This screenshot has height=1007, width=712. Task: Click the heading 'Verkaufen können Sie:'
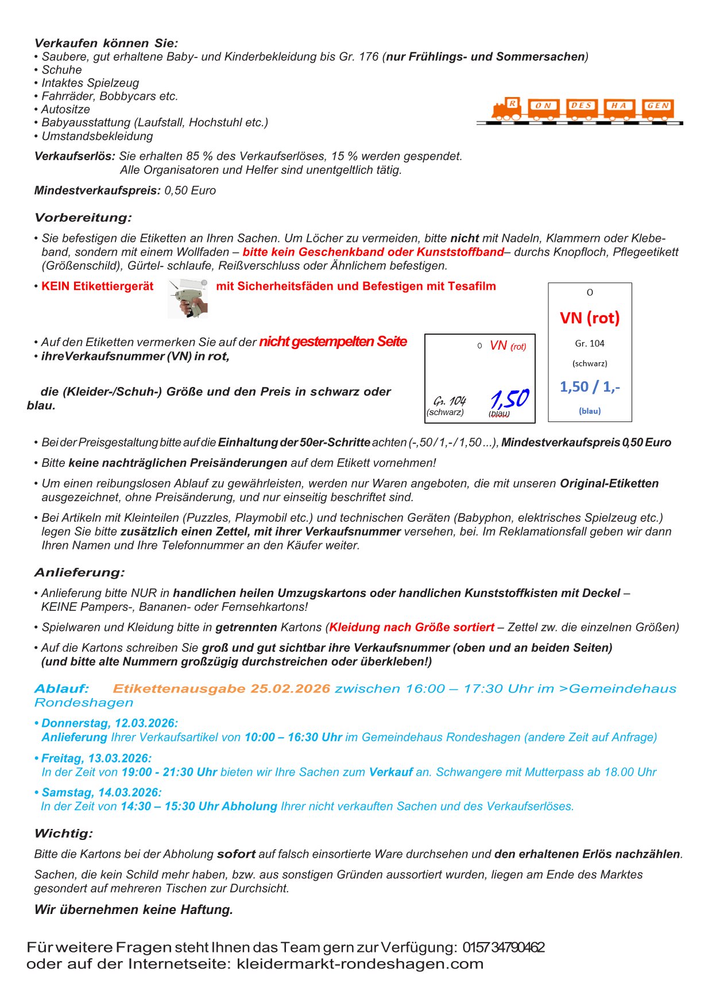(106, 43)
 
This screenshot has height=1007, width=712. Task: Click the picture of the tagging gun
(187, 299)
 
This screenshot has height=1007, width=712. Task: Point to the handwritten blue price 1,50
(510, 398)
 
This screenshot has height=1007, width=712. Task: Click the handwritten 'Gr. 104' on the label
(450, 400)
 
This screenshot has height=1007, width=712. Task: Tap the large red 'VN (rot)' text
(590, 318)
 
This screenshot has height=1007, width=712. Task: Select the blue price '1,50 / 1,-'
(590, 387)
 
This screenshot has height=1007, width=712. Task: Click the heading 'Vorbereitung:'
(83, 218)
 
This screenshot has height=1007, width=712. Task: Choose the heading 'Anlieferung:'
(80, 572)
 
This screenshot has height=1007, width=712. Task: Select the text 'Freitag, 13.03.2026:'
(96, 758)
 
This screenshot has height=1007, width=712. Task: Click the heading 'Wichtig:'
(64, 833)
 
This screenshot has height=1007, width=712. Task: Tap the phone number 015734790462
(504, 947)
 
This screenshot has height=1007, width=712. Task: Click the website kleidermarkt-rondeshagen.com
(360, 963)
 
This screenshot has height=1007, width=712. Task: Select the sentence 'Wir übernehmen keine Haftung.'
(134, 909)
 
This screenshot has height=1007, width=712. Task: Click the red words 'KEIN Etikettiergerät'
(97, 286)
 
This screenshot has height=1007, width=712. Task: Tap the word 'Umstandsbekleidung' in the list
(97, 136)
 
